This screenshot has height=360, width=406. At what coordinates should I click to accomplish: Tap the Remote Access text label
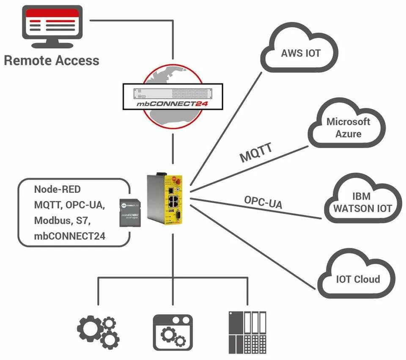coord(52,60)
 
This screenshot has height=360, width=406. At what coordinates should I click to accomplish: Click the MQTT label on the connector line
coord(256,153)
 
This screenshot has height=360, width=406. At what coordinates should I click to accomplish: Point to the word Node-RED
coord(57,189)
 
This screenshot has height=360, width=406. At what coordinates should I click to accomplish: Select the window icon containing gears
coord(172,332)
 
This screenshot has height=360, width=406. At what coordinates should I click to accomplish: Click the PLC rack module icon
coord(248,332)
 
